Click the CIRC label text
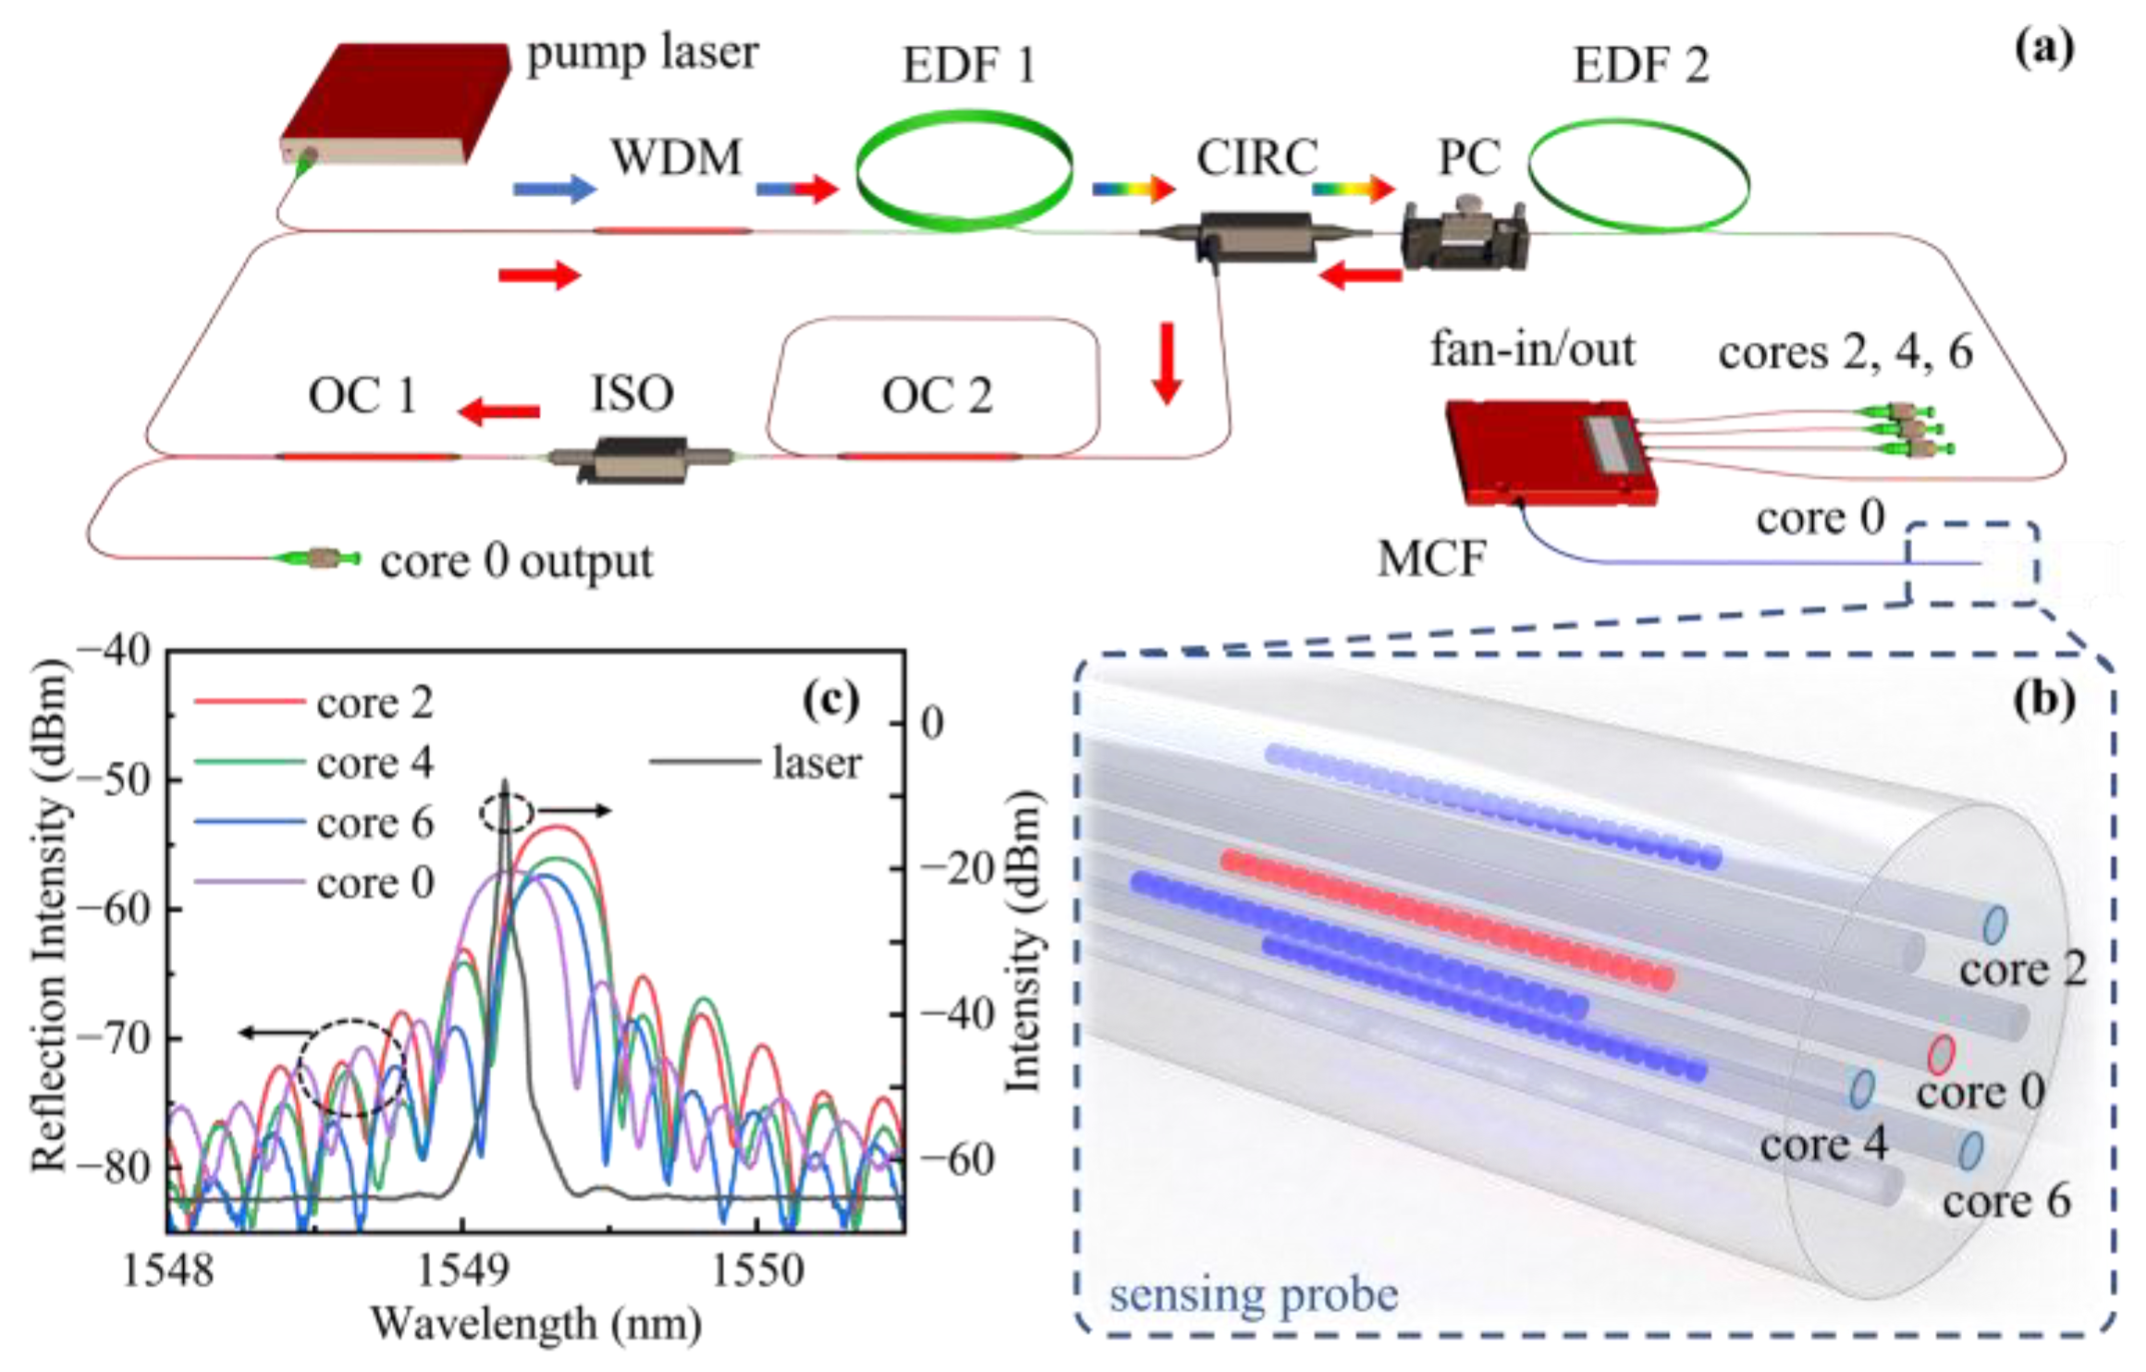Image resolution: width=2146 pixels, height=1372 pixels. pos(1257,157)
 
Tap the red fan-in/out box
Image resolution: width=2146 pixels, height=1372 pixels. pos(1550,452)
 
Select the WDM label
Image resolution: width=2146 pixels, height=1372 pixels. pos(676,157)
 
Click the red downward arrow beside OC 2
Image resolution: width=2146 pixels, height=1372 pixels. pos(1167,362)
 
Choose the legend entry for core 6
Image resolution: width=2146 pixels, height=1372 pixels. pos(314,823)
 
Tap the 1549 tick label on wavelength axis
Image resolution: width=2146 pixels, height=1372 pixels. pos(462,1271)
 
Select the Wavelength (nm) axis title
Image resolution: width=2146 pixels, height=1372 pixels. pos(536,1324)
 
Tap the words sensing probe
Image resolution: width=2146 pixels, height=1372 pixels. pos(1253,1294)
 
